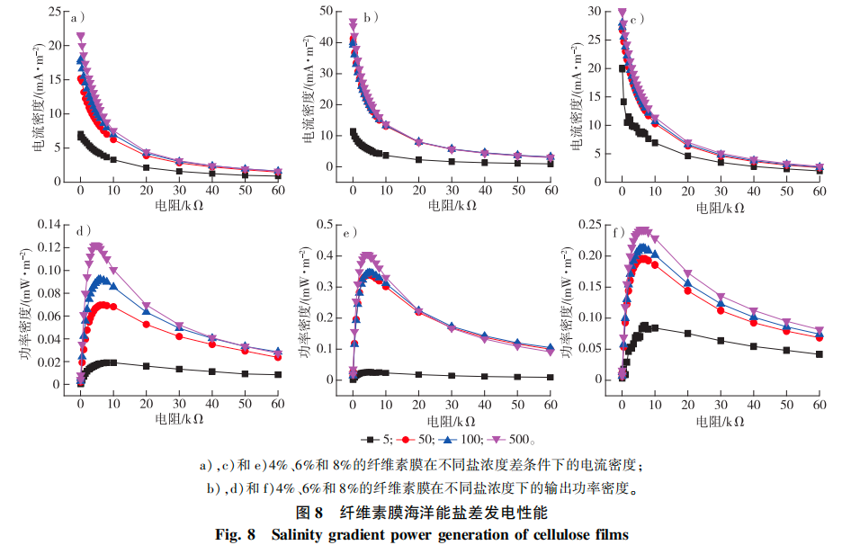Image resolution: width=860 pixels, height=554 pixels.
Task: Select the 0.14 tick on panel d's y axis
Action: tap(50, 224)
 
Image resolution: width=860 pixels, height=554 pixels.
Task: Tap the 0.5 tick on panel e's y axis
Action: tap(329, 224)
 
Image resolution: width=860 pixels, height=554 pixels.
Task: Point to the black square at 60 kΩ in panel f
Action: tap(819, 354)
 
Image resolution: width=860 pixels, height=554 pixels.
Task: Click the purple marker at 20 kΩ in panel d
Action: tap(147, 306)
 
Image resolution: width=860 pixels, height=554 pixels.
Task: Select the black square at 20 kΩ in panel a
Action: tap(147, 167)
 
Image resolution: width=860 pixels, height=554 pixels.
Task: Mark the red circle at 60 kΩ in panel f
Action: tap(819, 337)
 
